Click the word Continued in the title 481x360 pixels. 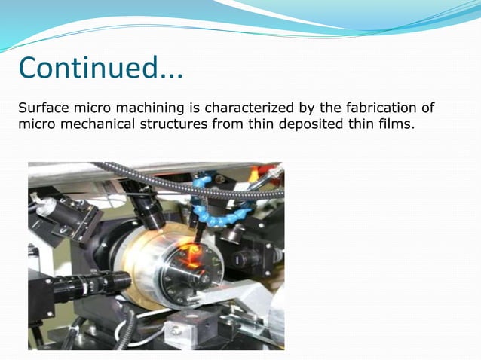pyautogui.click(x=87, y=69)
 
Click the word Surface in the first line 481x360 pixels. pyautogui.click(x=41, y=108)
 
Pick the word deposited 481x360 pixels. pyautogui.click(x=306, y=124)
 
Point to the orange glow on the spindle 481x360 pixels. pyautogui.click(x=198, y=257)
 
